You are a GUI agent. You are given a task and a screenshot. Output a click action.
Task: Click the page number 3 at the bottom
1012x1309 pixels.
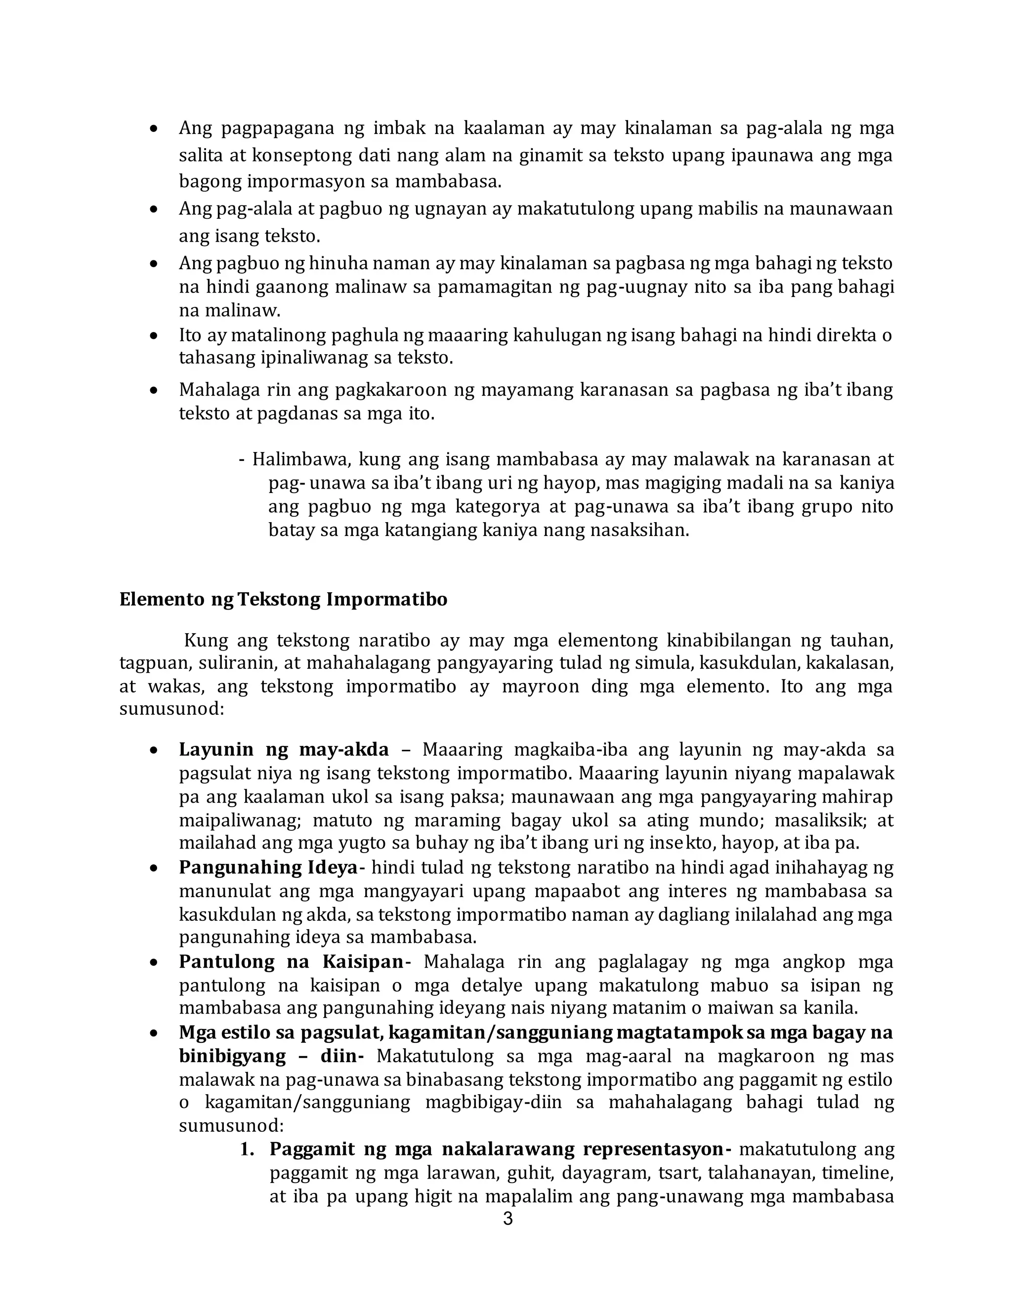tap(507, 1219)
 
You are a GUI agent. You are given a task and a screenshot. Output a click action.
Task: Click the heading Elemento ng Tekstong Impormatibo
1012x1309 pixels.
tap(283, 600)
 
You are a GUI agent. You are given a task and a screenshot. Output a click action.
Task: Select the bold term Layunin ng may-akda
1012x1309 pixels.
tap(284, 750)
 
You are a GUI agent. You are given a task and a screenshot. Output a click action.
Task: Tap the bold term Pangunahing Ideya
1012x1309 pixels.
tap(268, 867)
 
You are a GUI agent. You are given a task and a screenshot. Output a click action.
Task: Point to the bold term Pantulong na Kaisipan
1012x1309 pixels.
tap(291, 962)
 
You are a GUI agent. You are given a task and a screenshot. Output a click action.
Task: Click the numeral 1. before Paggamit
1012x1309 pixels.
tap(248, 1149)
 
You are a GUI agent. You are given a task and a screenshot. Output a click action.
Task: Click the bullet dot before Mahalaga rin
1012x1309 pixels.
tap(154, 391)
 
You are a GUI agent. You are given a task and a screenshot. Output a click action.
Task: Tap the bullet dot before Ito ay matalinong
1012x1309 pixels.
tap(154, 335)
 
